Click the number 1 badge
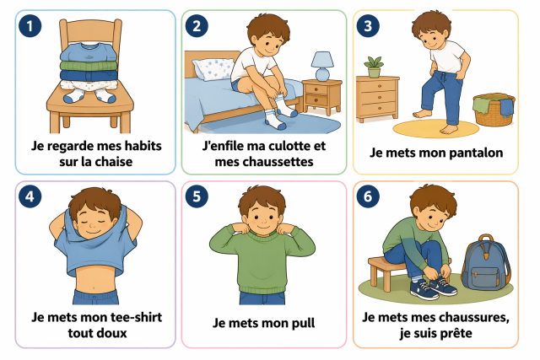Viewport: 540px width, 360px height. [30, 26]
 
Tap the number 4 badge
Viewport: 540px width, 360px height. [30, 196]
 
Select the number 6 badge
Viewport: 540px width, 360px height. [368, 196]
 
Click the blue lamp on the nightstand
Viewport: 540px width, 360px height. [322, 66]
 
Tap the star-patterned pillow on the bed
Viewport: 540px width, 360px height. [213, 69]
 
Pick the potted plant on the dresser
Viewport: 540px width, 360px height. [374, 67]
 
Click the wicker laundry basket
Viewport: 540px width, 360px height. [494, 110]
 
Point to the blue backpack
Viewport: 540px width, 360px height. [486, 263]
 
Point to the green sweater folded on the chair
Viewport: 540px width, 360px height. [89, 66]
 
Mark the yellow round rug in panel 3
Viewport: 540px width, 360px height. [435, 129]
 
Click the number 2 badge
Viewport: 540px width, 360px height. [197, 26]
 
